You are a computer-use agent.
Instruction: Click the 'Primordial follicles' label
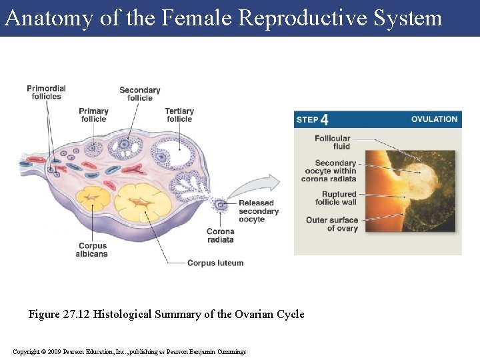click(x=46, y=92)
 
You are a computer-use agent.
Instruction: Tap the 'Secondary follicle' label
click(x=140, y=94)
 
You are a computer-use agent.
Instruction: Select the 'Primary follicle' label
click(x=93, y=115)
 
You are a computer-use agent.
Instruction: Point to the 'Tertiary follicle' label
click(x=179, y=115)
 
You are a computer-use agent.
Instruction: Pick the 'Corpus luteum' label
click(x=215, y=263)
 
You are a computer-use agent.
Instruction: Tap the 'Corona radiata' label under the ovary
click(x=220, y=236)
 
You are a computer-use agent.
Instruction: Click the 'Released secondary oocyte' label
click(x=258, y=211)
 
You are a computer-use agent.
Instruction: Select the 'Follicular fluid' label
click(x=333, y=142)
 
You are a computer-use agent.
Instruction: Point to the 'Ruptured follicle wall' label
click(x=335, y=198)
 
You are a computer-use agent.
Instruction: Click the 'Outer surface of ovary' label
click(x=332, y=224)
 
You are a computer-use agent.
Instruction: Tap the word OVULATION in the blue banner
click(x=434, y=119)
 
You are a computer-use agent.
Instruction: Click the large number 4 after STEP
click(x=324, y=120)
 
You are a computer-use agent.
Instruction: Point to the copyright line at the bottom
click(x=129, y=351)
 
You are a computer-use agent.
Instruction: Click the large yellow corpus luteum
click(x=141, y=202)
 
